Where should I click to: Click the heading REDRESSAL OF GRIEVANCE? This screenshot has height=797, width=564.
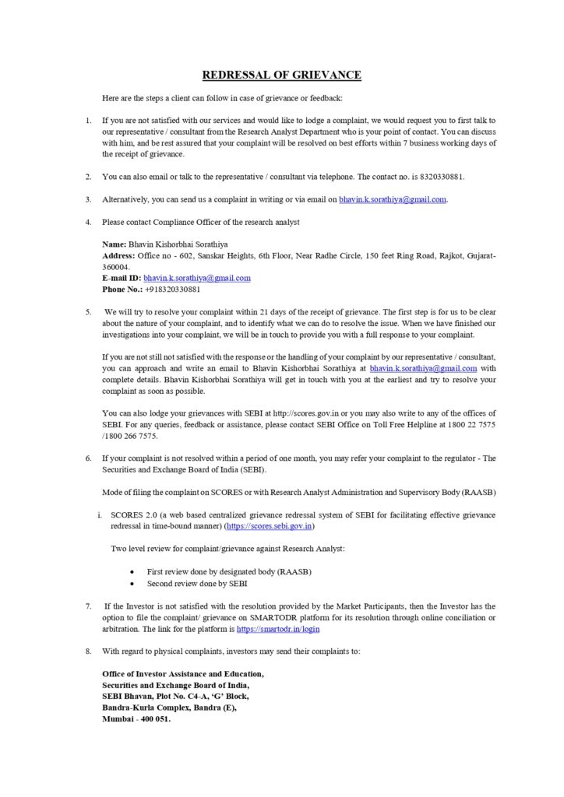pyautogui.click(x=281, y=75)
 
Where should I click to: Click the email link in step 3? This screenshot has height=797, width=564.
pyautogui.click(x=393, y=199)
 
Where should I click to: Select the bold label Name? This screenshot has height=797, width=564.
pyautogui.click(x=114, y=244)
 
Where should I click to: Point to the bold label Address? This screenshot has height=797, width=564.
pyautogui.click(x=118, y=255)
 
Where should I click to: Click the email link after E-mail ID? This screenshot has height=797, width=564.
pyautogui.click(x=197, y=278)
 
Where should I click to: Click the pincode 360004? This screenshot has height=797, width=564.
pyautogui.click(x=118, y=267)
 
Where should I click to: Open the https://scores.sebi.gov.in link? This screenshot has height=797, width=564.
pyautogui.click(x=269, y=527)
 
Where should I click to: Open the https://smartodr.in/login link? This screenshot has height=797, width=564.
pyautogui.click(x=278, y=629)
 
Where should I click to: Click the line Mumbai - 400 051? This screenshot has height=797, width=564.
pyautogui.click(x=136, y=719)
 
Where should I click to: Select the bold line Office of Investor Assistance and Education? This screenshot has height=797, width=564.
pyautogui.click(x=183, y=674)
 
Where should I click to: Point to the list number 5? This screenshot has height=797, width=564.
pyautogui.click(x=89, y=311)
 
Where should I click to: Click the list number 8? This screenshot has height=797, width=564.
pyautogui.click(x=89, y=651)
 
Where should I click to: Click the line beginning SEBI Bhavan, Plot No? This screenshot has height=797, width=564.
pyautogui.click(x=175, y=697)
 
